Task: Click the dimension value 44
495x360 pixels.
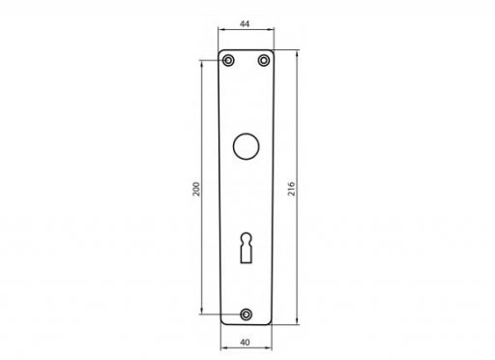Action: point(245,24)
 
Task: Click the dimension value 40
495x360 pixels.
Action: point(245,342)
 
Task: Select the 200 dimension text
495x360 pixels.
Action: point(196,189)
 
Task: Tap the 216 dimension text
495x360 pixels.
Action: point(291,189)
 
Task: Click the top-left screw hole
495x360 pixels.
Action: point(228,60)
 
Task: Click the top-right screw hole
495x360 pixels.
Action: point(264,60)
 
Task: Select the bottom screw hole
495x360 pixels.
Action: point(246,315)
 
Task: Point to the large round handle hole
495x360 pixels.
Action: point(246,146)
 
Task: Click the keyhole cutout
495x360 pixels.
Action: point(246,248)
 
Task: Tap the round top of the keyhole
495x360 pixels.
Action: point(246,238)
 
